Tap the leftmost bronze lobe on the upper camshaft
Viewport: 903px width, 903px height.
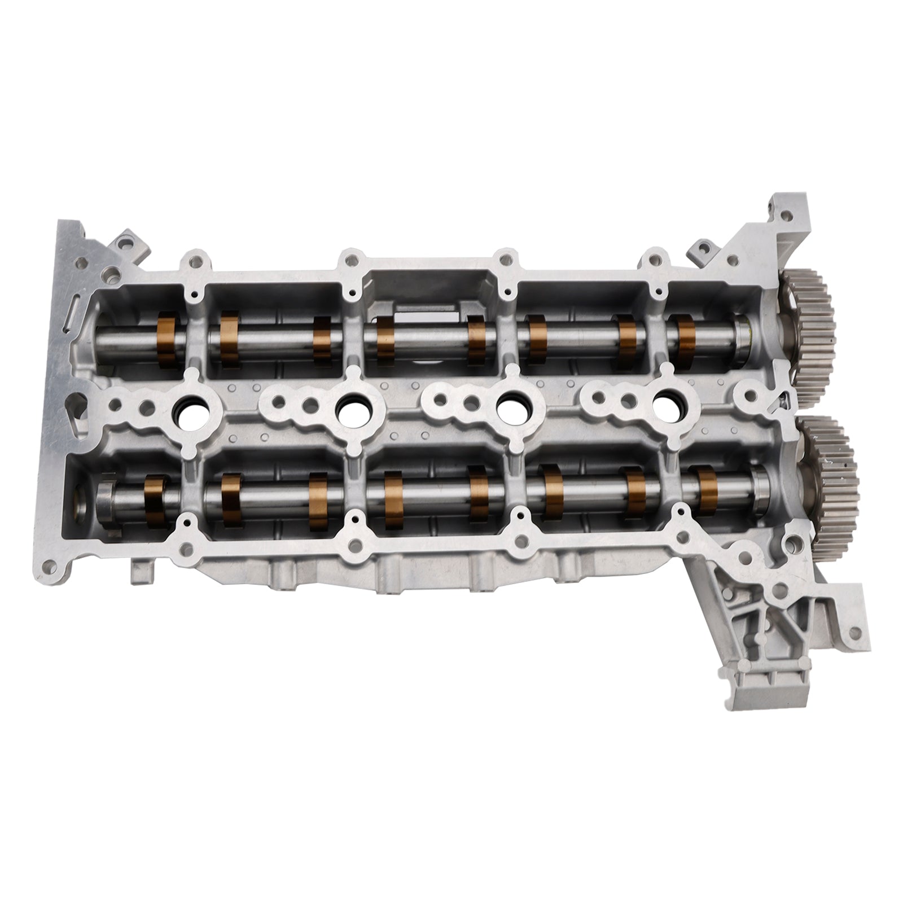pos(168,338)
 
